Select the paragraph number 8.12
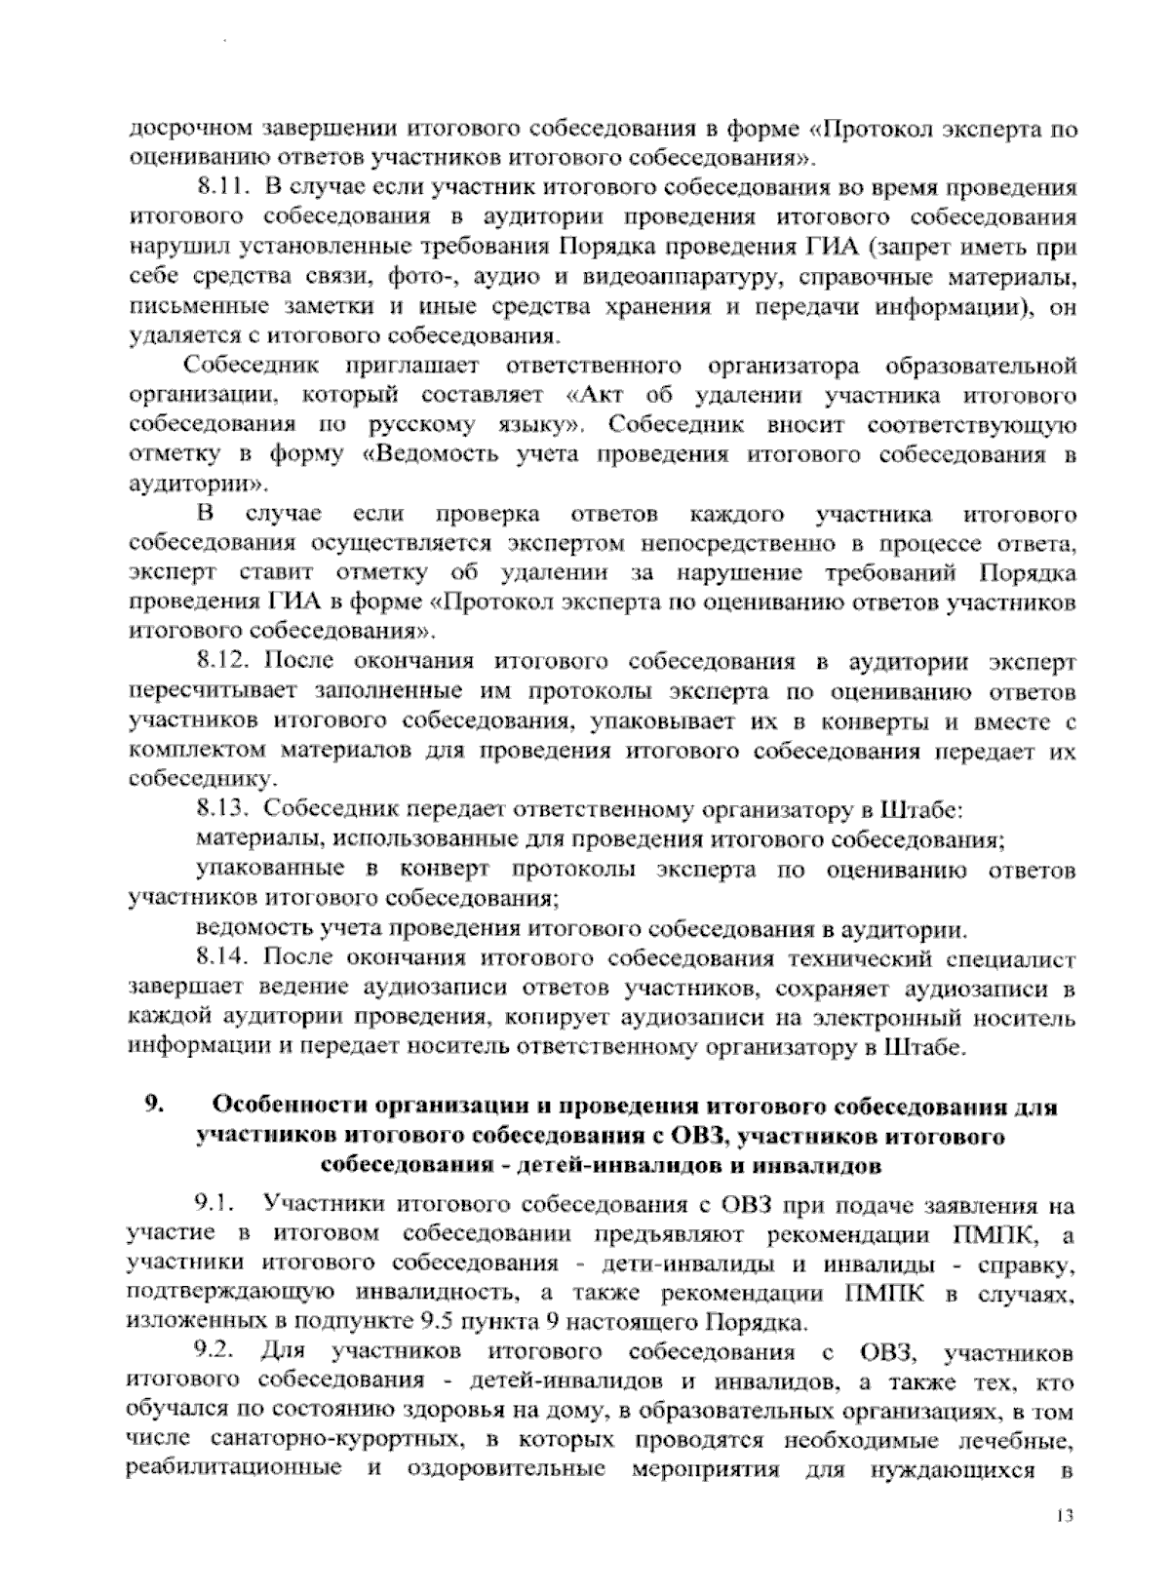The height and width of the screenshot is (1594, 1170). click(x=219, y=662)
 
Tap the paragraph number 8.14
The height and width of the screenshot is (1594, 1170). click(x=219, y=959)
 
